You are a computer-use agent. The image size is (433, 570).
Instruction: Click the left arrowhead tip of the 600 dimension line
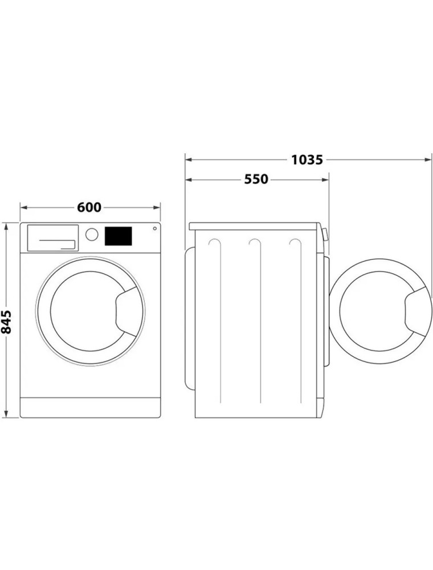21,207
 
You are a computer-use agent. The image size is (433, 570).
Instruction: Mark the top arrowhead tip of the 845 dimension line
6,223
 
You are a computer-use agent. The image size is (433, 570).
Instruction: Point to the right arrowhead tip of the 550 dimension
329,179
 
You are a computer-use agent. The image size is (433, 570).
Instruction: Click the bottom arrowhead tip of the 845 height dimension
6,417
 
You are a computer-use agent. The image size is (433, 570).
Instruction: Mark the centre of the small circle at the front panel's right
155,229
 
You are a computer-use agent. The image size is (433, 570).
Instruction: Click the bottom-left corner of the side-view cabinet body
195,417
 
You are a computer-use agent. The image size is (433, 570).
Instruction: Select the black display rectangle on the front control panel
118,236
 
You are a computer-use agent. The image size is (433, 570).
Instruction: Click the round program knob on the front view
92,234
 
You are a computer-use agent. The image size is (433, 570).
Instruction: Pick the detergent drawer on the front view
53,238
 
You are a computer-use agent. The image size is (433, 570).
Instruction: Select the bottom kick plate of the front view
90,407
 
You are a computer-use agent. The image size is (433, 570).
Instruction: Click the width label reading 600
89,207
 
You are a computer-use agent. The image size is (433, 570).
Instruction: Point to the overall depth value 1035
307,160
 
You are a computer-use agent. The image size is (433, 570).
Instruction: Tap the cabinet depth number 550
256,179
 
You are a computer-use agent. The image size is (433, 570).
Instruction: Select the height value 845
6,321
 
